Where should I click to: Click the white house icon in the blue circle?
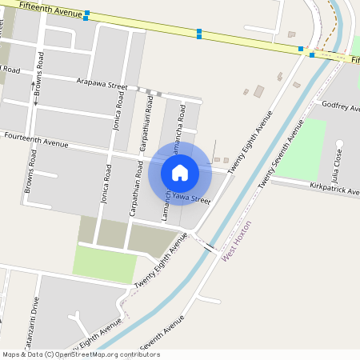point(180,173)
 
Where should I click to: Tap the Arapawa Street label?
point(102,84)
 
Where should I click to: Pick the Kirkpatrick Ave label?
point(334,190)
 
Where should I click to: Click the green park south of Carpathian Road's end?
point(105,263)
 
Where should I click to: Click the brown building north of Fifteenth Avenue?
point(291,34)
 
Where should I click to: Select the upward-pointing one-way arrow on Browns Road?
point(33,84)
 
